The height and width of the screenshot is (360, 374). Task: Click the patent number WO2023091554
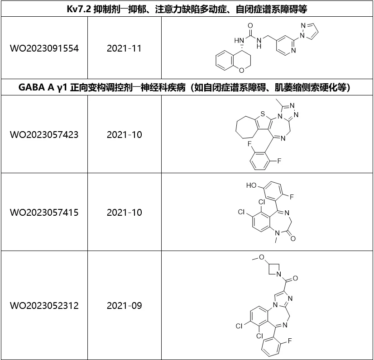[44, 48]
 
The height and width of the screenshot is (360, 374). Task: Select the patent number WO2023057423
[44, 135]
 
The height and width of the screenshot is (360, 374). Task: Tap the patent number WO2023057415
[44, 212]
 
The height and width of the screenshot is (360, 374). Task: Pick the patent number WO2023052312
[44, 306]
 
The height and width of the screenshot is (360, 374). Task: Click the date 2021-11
[124, 48]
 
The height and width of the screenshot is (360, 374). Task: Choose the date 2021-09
[124, 306]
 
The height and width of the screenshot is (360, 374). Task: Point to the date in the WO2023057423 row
[124, 135]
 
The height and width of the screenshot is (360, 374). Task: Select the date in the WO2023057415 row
[124, 212]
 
